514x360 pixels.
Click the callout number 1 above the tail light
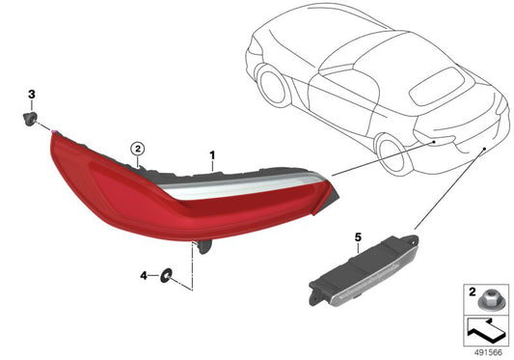pyautogui.click(x=214, y=154)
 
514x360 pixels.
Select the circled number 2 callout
pyautogui.click(x=138, y=149)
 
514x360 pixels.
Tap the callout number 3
pyautogui.click(x=31, y=94)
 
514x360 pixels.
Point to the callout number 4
pyautogui.click(x=143, y=276)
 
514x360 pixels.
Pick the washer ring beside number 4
pyautogui.click(x=166, y=276)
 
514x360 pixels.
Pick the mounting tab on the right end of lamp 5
pyautogui.click(x=414, y=235)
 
